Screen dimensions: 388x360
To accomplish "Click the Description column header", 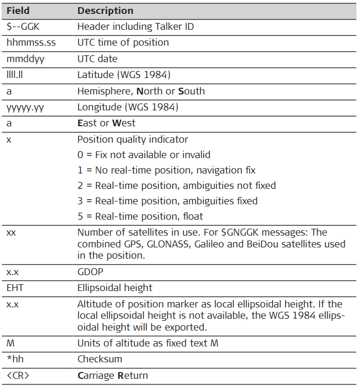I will point(105,10).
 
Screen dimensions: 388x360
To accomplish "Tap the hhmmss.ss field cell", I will point(31,43).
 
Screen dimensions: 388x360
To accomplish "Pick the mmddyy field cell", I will point(25,59).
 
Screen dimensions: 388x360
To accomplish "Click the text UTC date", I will point(98,59).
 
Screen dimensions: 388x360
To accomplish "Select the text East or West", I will point(106,123).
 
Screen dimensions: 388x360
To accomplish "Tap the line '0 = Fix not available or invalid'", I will point(144,154).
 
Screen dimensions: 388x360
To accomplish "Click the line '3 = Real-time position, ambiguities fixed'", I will point(167,201).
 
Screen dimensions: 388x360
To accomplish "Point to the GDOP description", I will point(89,271).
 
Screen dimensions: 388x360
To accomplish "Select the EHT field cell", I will point(15,288).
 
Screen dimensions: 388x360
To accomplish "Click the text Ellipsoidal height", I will point(115,288).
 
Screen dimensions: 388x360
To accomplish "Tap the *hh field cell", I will point(14,359).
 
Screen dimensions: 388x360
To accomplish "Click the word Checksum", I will point(98,359).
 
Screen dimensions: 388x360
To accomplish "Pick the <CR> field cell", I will point(17,376).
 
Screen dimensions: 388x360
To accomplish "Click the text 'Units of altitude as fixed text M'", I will point(148,343).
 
